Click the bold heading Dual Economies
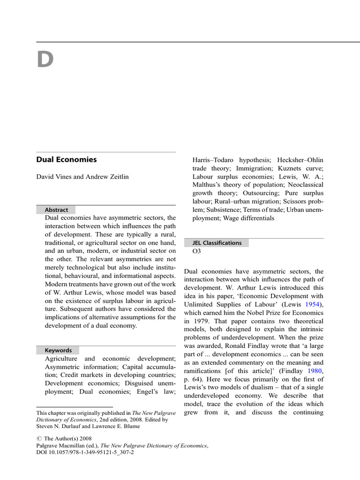(x=67, y=159)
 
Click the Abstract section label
(x=56, y=210)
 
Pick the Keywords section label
(x=58, y=350)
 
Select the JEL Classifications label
(x=217, y=243)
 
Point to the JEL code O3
(x=197, y=251)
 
